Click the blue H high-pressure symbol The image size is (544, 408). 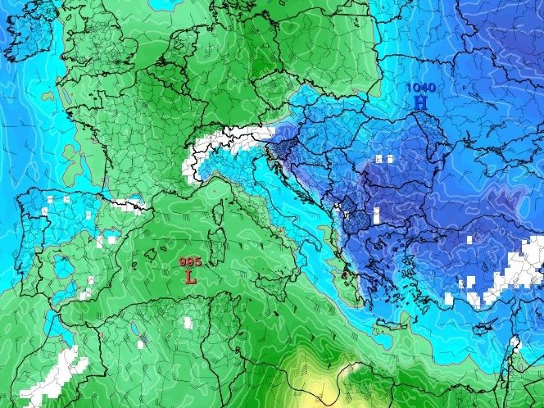pos(420,103)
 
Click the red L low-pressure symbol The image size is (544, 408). pos(191,277)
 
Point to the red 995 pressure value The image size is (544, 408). pos(190,262)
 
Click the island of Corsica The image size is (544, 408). pos(219,213)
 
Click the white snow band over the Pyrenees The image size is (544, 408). pos(129,204)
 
